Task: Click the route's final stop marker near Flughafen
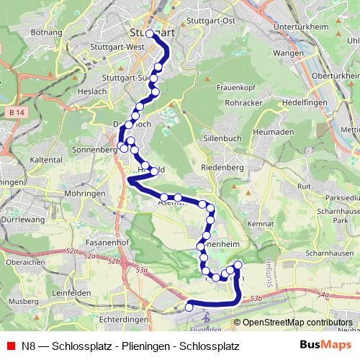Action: click(189, 307)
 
